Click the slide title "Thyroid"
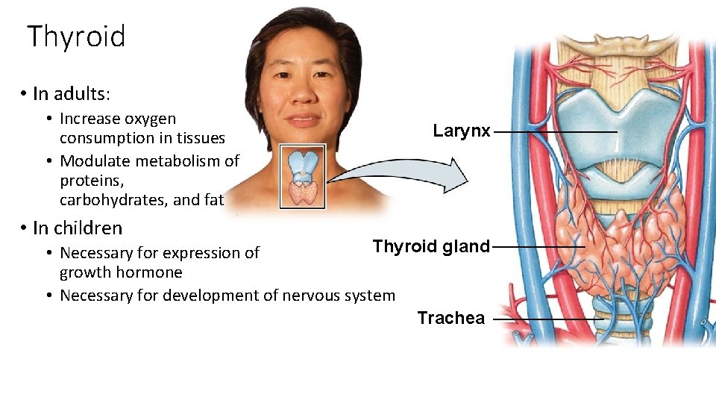pos(76,36)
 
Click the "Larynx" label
pos(462,131)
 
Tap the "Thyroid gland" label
pos(431,246)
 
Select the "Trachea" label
pos(450,318)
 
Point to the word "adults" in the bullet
pos(81,93)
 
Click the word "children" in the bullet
pos(87,228)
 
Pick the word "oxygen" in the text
pos(152,119)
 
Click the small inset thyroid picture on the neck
pos(303,177)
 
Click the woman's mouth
pos(304,119)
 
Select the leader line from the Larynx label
pos(555,132)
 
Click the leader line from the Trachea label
pos(548,319)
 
